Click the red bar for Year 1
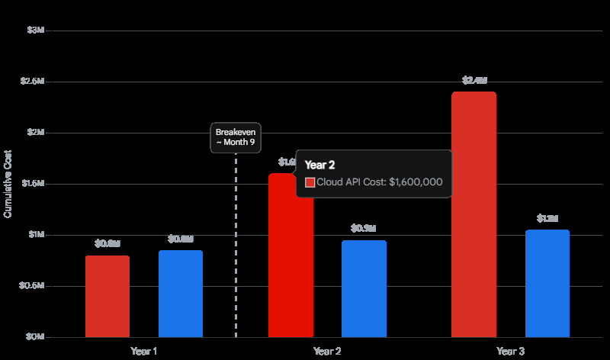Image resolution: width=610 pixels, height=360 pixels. click(x=108, y=296)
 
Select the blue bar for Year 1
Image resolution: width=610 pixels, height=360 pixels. click(x=181, y=294)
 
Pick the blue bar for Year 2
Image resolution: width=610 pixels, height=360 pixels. click(x=364, y=288)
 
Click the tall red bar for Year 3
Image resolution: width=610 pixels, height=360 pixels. click(x=474, y=214)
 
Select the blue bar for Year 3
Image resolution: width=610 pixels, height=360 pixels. click(x=547, y=283)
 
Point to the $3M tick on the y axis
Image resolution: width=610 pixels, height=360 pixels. click(x=36, y=30)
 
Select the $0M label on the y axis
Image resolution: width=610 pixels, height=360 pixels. click(x=36, y=336)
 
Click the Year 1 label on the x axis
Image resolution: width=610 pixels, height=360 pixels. click(x=144, y=352)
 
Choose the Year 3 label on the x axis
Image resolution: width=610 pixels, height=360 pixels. click(x=510, y=352)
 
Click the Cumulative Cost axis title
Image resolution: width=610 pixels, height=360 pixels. click(x=8, y=184)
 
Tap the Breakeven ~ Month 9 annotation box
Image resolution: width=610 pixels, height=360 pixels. click(x=236, y=137)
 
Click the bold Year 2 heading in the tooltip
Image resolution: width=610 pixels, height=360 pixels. click(x=319, y=164)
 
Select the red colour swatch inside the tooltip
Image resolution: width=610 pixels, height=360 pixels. click(x=310, y=182)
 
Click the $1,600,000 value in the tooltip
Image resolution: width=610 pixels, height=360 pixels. click(x=416, y=182)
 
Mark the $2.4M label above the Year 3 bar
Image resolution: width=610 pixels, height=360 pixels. click(x=474, y=80)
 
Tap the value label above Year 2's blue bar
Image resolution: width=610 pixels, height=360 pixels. click(x=364, y=228)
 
